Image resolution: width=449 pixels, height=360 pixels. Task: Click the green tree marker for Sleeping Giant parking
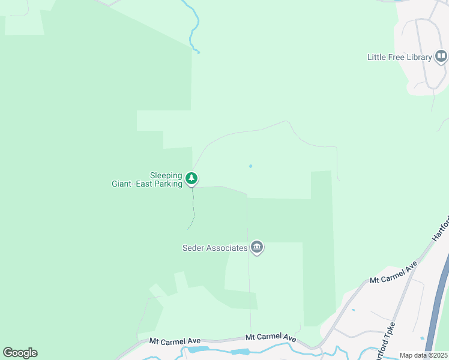(191, 178)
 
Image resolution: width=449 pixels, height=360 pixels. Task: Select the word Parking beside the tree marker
(167, 184)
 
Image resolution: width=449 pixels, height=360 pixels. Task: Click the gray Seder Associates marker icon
(257, 247)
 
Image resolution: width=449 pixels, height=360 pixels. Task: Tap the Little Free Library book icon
(441, 57)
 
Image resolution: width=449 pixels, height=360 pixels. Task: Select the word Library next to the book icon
(419, 58)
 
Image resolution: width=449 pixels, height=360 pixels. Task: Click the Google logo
(20, 353)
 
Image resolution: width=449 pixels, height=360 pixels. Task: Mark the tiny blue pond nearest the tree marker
(250, 166)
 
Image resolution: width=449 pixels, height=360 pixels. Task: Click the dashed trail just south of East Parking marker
(193, 207)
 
